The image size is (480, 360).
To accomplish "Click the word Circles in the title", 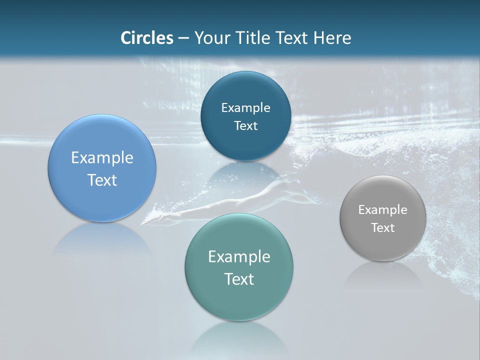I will (x=147, y=38).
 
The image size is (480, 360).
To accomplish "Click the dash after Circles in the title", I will (x=183, y=38).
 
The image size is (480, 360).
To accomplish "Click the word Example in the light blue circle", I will (x=102, y=158).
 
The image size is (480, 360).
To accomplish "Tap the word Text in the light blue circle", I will (x=102, y=180).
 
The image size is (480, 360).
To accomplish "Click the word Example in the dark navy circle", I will (x=245, y=108).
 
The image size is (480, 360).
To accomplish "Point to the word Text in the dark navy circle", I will (x=245, y=126).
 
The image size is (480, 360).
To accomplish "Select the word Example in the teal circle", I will (x=239, y=257).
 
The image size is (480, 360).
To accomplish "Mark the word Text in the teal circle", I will (x=239, y=279).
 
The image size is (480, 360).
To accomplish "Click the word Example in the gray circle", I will (x=382, y=210).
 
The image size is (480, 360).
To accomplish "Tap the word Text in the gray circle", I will (x=382, y=228).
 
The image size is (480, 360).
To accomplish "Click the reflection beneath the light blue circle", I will (x=102, y=240).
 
